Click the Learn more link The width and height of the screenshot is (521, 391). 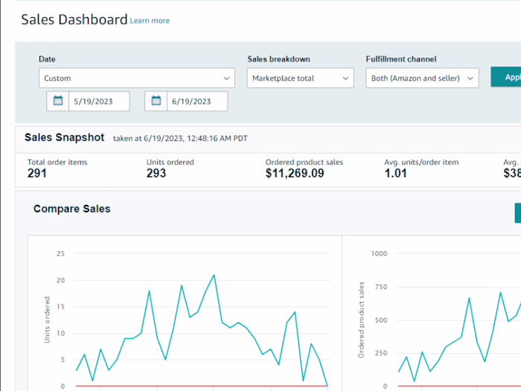click(x=150, y=21)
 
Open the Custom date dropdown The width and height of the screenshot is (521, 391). click(x=137, y=78)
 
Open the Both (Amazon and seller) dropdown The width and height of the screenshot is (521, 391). click(x=422, y=78)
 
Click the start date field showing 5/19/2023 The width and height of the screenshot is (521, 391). click(x=99, y=101)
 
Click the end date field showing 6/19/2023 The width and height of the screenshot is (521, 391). click(x=197, y=101)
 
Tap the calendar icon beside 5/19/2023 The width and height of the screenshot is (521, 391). click(x=58, y=101)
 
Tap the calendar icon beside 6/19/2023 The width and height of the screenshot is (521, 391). click(x=156, y=101)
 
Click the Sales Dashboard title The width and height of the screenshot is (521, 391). click(x=74, y=20)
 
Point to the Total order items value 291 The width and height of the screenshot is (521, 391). click(x=37, y=174)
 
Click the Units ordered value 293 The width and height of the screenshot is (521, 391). click(x=156, y=174)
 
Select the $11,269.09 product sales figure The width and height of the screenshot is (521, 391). click(x=295, y=174)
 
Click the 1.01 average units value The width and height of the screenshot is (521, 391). click(x=397, y=174)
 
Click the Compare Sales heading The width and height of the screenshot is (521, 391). click(x=71, y=209)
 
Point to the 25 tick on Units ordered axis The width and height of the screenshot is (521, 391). click(x=60, y=253)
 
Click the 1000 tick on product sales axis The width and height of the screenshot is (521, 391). click(x=379, y=253)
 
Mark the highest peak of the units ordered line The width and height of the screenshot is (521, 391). click(x=214, y=275)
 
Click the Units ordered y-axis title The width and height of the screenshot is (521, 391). click(x=48, y=320)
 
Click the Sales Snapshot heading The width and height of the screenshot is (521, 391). click(x=64, y=138)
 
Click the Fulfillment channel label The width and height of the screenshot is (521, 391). click(x=401, y=60)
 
